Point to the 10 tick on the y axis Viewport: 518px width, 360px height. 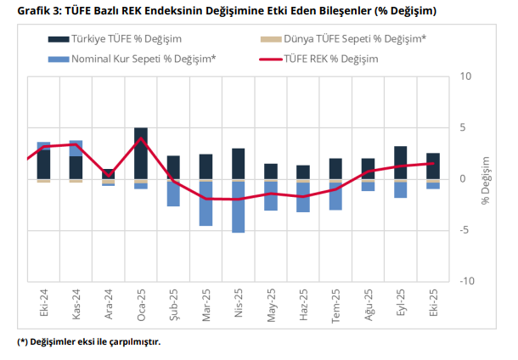(464, 76)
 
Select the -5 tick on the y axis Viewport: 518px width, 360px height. (464, 230)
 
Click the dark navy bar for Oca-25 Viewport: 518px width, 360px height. (141, 153)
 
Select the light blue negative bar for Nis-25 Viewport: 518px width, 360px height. (239, 206)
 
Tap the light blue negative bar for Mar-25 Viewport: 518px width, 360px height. (206, 203)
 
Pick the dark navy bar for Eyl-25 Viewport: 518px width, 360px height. (400, 162)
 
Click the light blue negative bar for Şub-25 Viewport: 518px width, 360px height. (173, 193)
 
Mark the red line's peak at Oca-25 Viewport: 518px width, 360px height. (141, 138)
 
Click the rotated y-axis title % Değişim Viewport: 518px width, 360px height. (486, 179)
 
